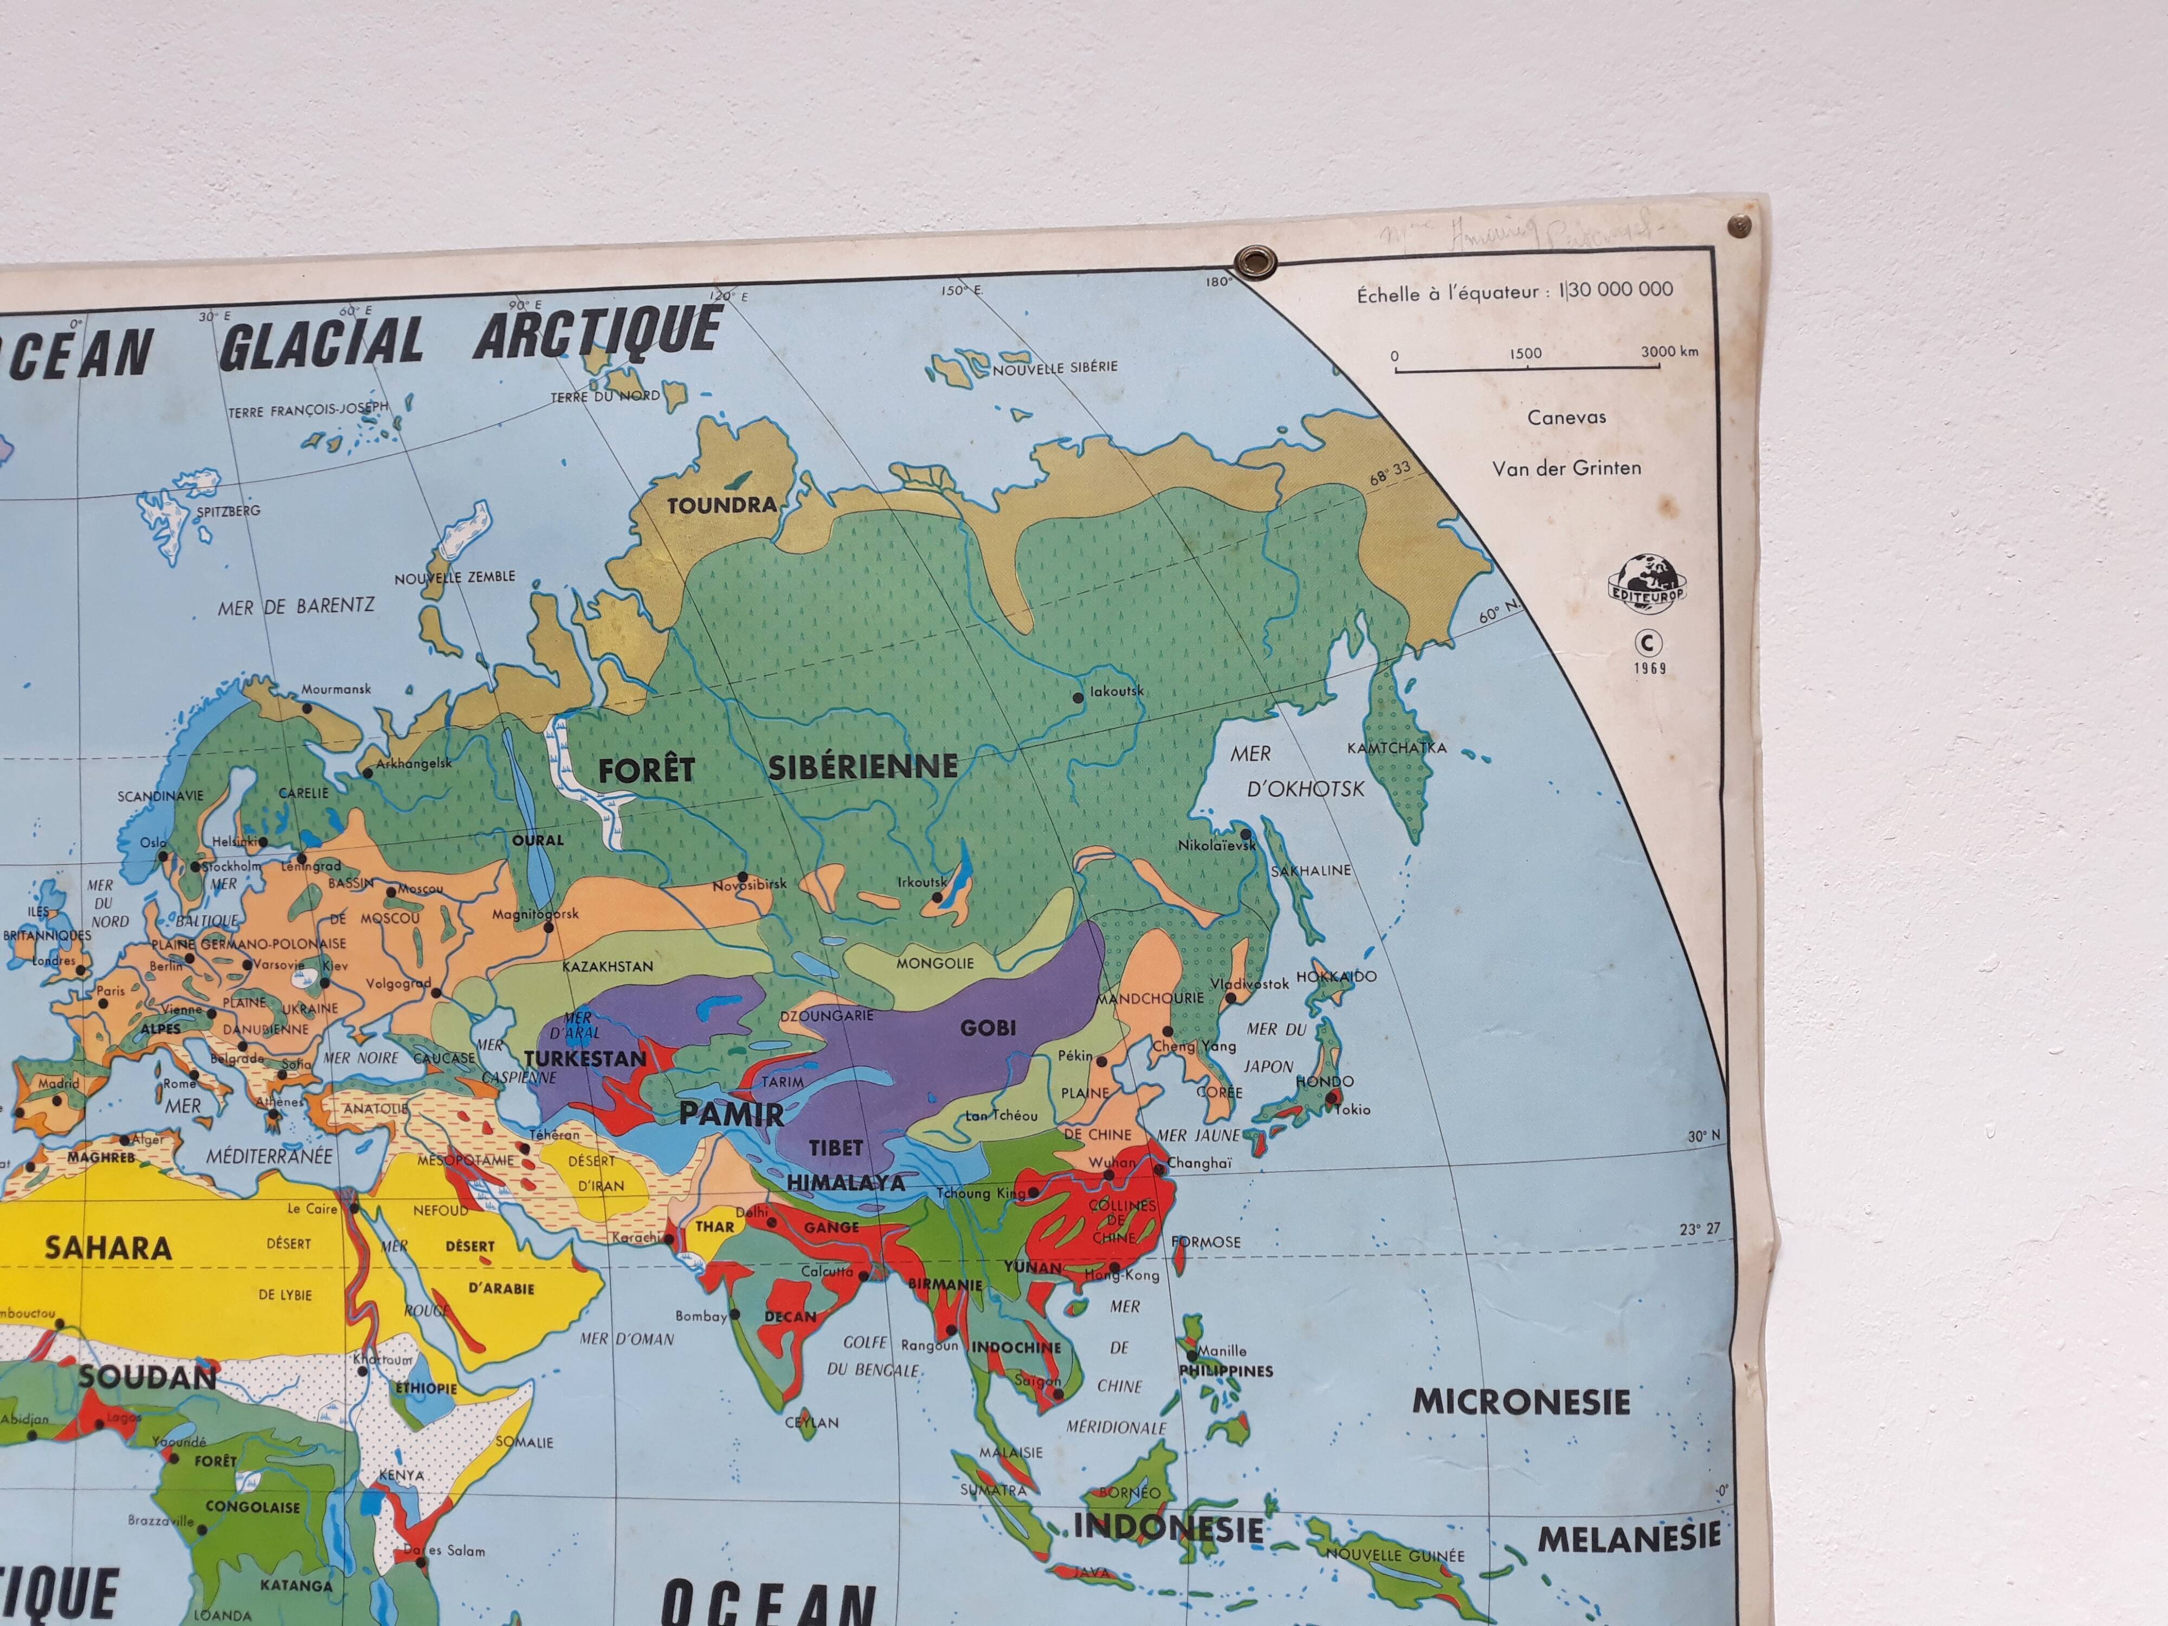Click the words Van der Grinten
(1566, 468)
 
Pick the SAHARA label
(108, 1248)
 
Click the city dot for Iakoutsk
(1078, 697)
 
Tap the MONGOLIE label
(935, 964)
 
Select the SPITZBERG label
(228, 511)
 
